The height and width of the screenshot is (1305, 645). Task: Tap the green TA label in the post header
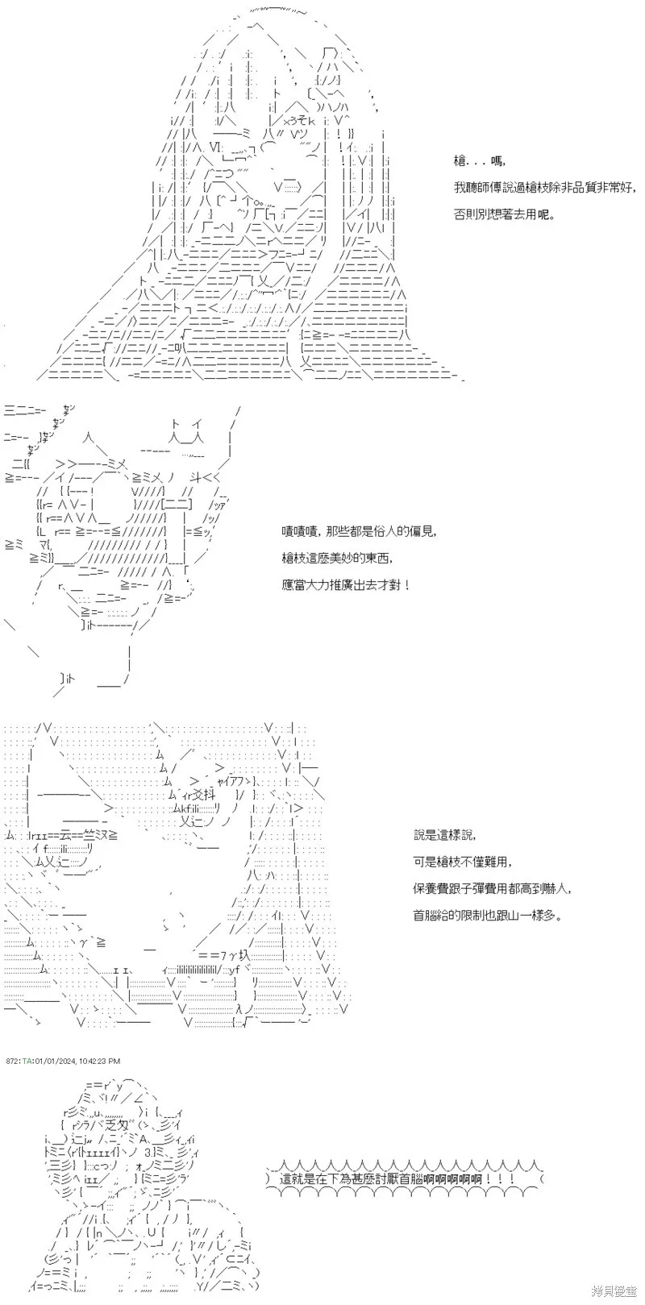pos(27,1061)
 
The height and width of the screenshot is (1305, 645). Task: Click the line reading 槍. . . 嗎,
pos(480,161)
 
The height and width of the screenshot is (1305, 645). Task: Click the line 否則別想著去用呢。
pos(505,214)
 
